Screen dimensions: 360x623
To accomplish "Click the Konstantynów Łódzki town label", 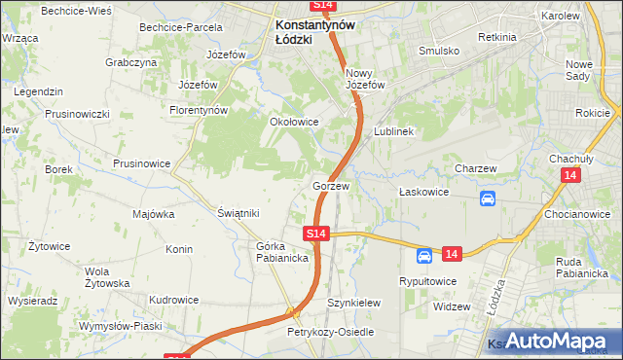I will point(314,32).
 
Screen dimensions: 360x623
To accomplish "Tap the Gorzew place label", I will point(331,185).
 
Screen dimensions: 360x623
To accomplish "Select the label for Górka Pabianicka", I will point(282,252).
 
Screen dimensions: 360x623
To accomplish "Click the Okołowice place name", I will point(294,122).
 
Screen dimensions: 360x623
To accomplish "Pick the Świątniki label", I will point(238,213).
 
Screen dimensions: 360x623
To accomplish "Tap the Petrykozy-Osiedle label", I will point(330,332).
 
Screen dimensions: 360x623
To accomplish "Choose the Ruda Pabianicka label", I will point(582,267).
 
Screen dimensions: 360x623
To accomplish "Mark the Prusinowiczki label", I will point(77,114).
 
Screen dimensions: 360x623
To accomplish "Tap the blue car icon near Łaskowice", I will point(488,199).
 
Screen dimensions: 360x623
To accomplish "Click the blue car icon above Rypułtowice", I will point(424,256).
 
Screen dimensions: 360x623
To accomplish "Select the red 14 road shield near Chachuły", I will point(571,174).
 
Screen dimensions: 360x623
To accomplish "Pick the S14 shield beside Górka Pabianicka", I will point(317,234).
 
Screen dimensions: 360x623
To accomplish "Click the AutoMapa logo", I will point(551,341).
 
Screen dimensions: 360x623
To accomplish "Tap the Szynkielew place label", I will point(350,303).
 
